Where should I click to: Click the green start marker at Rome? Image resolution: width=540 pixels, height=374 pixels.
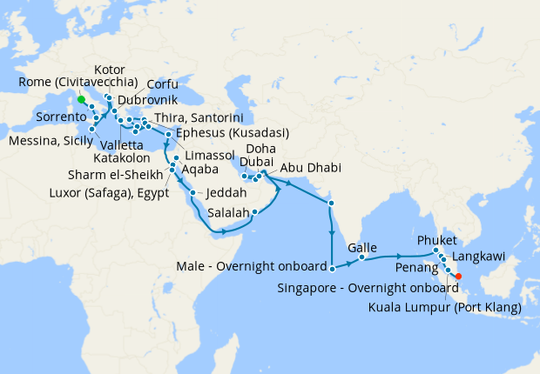click(80, 99)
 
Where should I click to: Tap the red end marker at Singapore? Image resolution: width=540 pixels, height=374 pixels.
click(459, 277)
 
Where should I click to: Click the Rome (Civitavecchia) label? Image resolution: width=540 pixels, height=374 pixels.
click(78, 83)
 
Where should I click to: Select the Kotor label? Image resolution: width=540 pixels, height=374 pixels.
click(110, 70)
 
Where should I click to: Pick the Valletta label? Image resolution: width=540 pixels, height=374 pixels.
click(123, 145)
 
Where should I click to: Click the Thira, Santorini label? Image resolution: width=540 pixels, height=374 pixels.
click(198, 117)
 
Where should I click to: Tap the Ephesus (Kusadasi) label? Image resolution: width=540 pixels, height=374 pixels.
click(233, 133)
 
